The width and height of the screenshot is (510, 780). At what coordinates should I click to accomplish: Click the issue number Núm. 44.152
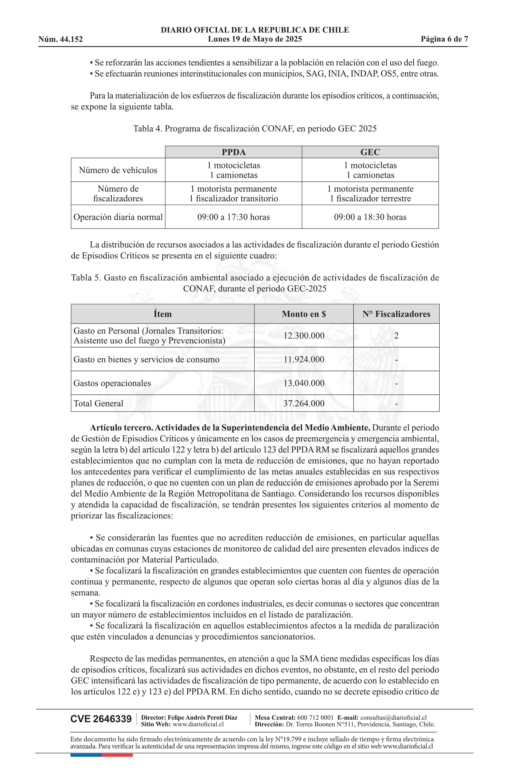click(x=61, y=39)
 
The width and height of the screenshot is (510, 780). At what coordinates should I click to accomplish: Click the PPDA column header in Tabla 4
click(x=233, y=152)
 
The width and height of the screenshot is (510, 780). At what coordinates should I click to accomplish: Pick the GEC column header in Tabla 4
click(x=370, y=152)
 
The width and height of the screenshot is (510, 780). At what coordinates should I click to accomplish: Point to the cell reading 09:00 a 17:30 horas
click(x=233, y=217)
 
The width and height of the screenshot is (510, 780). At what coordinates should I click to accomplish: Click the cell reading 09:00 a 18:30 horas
click(x=370, y=217)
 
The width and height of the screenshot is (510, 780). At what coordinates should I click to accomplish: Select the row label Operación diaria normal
click(x=118, y=217)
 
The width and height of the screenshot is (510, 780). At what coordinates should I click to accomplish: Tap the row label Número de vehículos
click(x=118, y=170)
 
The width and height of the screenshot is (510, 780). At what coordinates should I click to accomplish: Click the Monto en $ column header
click(x=304, y=314)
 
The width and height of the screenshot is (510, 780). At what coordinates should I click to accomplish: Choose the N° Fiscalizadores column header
click(x=396, y=314)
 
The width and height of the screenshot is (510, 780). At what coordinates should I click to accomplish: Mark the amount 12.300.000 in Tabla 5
click(x=304, y=336)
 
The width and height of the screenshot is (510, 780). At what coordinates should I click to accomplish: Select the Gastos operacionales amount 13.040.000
click(x=304, y=383)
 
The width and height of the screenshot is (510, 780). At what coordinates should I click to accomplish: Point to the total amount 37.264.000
click(x=304, y=403)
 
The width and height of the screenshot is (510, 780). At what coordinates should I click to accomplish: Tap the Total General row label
click(x=98, y=403)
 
